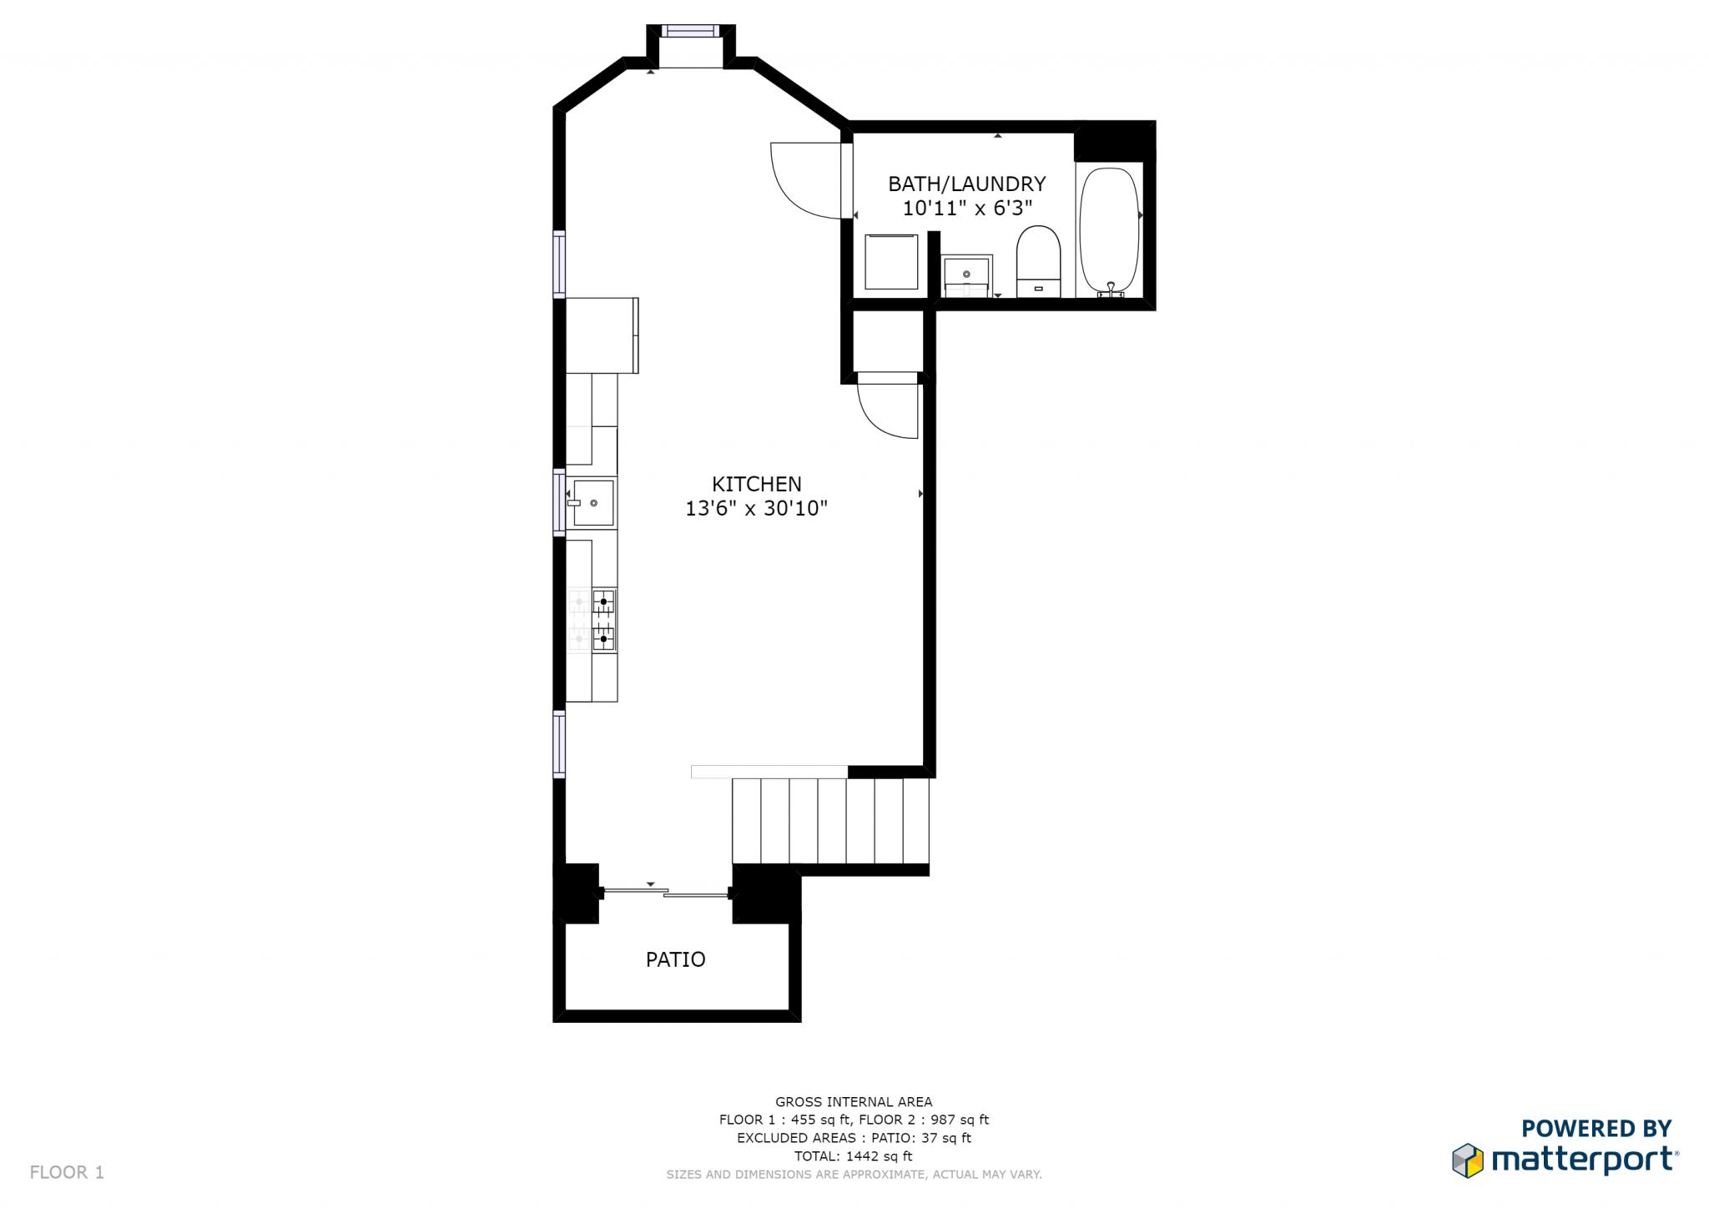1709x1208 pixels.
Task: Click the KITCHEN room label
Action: (x=756, y=484)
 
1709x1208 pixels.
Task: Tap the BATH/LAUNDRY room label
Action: (x=966, y=184)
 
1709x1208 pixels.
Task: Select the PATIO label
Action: (x=675, y=959)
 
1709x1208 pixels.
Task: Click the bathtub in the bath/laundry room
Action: (x=1109, y=229)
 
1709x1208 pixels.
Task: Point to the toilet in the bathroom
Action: (x=1038, y=260)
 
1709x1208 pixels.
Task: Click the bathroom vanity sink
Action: (x=967, y=274)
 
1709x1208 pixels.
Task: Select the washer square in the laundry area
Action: (x=891, y=262)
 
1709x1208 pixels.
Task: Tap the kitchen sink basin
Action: (x=593, y=503)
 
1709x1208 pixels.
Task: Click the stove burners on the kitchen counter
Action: (x=602, y=620)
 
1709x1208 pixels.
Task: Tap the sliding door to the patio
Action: (x=666, y=893)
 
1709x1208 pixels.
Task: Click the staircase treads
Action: (x=830, y=821)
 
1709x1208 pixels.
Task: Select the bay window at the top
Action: (x=689, y=31)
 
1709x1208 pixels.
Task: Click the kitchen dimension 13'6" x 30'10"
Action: (x=756, y=509)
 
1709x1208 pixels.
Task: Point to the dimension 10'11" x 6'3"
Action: (x=967, y=209)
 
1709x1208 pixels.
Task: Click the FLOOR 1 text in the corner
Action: (x=67, y=1172)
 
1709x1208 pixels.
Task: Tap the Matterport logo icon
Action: (x=1468, y=1160)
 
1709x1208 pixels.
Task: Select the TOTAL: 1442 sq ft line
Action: (x=854, y=1156)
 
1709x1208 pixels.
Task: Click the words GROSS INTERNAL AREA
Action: (x=854, y=1102)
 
